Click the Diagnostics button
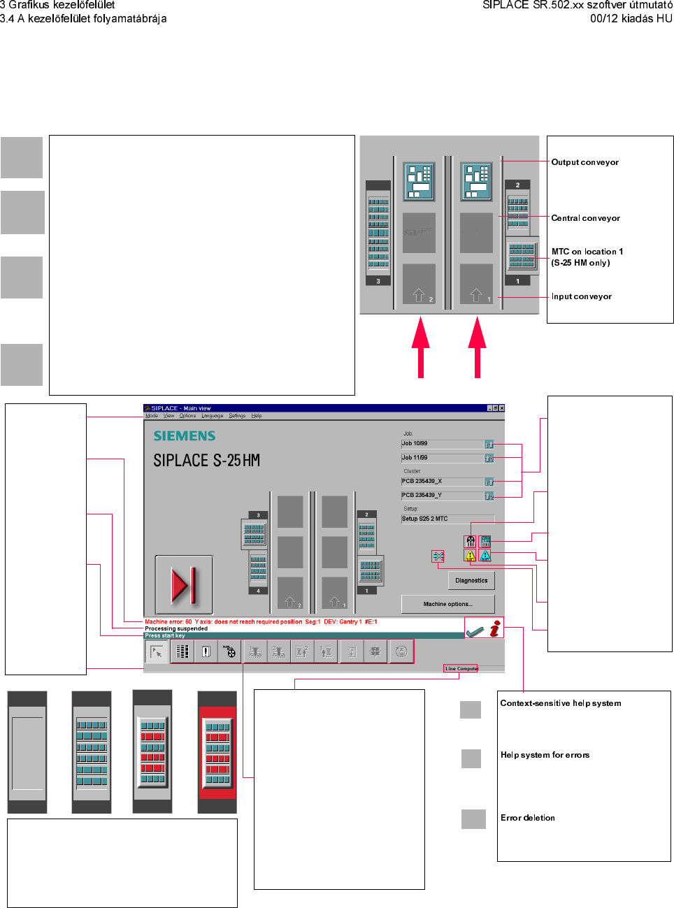click(471, 580)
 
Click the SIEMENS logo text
click(185, 436)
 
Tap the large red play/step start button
click(184, 584)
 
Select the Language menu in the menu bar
click(213, 416)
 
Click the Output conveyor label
click(585, 162)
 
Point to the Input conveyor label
click(581, 296)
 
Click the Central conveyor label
click(585, 218)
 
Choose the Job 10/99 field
click(442, 444)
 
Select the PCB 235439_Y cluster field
click(442, 496)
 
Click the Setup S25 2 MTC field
click(447, 519)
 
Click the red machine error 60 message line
click(261, 621)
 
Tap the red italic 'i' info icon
click(495, 628)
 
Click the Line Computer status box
click(461, 669)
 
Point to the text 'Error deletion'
click(527, 818)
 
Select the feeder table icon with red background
click(217, 752)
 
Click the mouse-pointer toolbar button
click(157, 651)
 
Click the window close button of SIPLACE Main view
click(501, 408)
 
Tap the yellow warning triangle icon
click(470, 556)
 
